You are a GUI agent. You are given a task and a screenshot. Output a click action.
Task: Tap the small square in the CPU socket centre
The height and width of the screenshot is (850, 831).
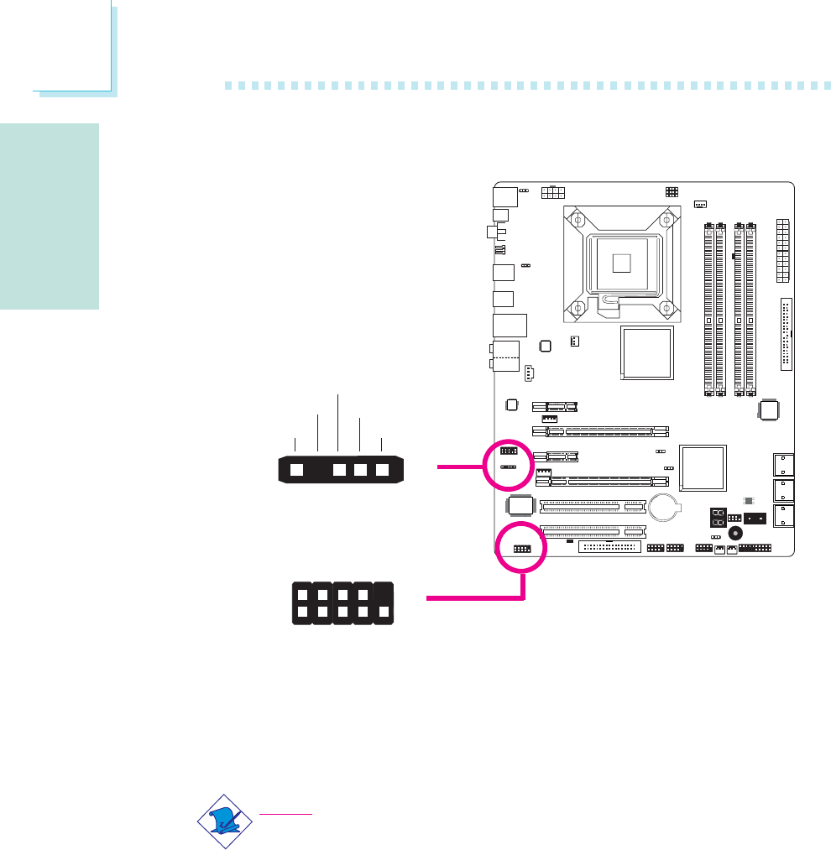click(621, 263)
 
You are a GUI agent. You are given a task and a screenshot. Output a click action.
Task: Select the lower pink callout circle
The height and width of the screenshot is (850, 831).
click(520, 549)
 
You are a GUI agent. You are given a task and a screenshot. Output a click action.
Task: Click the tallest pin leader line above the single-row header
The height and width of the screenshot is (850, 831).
click(338, 424)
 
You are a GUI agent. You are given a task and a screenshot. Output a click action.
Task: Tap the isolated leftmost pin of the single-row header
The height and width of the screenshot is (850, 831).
click(295, 470)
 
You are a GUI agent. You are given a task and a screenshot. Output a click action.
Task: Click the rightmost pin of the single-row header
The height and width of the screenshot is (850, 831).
click(383, 470)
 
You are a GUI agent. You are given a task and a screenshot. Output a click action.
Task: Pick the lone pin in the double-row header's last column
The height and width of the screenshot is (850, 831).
click(384, 614)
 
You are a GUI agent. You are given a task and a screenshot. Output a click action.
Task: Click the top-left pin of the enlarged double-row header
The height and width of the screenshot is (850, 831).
click(301, 593)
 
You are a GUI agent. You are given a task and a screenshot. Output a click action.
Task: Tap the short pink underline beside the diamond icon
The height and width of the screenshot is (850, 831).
click(286, 814)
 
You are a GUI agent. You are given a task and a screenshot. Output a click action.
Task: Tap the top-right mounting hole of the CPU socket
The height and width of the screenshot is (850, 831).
click(666, 220)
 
